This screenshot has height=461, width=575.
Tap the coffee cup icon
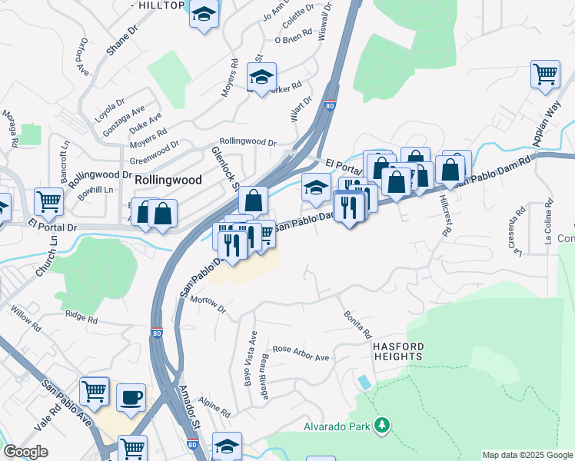(x=131, y=396)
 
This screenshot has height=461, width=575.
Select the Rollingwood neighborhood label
(x=168, y=180)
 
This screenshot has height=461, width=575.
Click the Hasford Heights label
(x=398, y=352)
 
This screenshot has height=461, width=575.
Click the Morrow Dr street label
(x=207, y=304)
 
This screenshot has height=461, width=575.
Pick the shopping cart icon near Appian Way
(x=544, y=75)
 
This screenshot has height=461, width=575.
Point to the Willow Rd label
(x=27, y=317)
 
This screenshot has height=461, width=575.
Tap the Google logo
(x=26, y=452)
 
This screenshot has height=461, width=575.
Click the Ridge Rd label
(x=81, y=315)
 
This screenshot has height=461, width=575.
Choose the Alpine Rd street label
(x=214, y=407)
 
